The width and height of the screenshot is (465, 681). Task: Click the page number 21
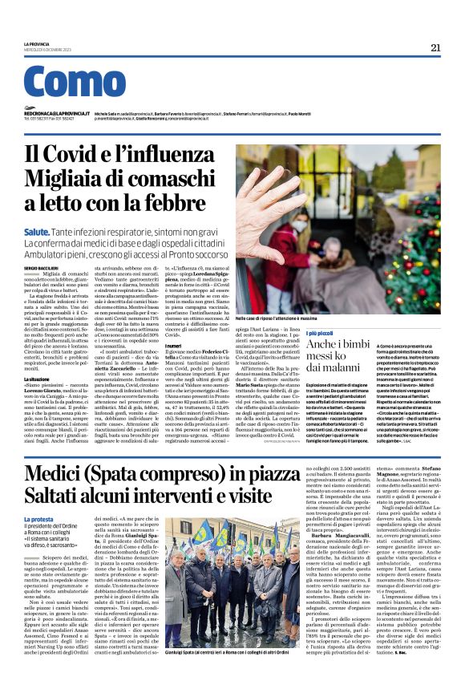point(435,47)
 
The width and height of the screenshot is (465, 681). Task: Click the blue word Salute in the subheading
point(37,229)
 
